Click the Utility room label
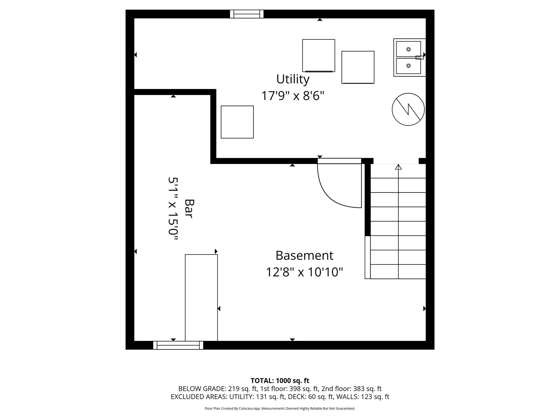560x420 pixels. (293, 79)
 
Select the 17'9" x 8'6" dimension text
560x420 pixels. (293, 96)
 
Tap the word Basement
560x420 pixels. (304, 255)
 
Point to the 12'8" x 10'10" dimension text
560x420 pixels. (304, 272)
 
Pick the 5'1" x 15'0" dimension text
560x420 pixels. (173, 208)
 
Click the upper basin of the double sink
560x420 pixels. (408, 49)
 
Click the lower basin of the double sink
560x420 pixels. (408, 66)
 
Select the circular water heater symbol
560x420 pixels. (408, 109)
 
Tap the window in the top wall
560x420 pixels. (247, 14)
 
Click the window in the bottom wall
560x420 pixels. (178, 345)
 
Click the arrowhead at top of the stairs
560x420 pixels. (398, 167)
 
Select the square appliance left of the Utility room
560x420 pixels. (237, 122)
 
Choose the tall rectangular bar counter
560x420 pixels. (201, 297)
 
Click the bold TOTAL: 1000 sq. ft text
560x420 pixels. (280, 381)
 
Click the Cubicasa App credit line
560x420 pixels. (280, 409)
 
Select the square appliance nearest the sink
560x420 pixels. (358, 67)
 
